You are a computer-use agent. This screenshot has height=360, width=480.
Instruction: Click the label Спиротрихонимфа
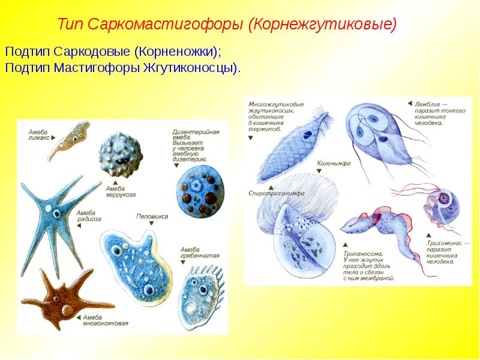(277, 193)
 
